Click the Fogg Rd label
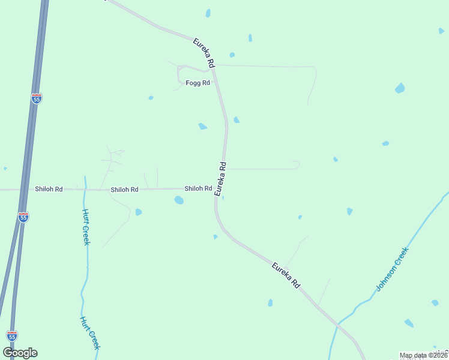[197, 83]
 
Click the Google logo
[20, 353]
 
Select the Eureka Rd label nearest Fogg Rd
[204, 52]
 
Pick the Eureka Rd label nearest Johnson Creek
[286, 275]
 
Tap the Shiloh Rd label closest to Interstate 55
[49, 189]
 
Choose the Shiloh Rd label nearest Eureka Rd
[198, 188]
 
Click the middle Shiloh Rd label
[124, 190]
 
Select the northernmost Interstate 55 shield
[37, 98]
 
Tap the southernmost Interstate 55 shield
[12, 335]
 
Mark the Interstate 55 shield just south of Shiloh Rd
[23, 217]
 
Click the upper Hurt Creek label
[86, 227]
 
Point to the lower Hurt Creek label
[91, 333]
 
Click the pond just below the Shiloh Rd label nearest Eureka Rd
[179, 200]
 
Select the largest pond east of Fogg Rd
[400, 88]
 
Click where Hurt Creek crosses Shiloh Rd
[85, 189]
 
